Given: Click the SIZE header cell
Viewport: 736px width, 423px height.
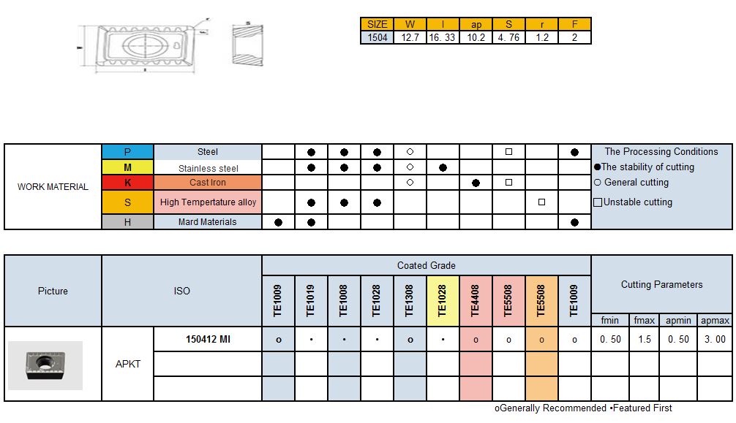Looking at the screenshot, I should tap(378, 24).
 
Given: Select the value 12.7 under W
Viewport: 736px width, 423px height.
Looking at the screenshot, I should tap(410, 37).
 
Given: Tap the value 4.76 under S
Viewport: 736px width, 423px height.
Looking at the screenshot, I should tap(508, 37).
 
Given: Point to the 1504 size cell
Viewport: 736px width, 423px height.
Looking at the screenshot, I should tap(378, 37).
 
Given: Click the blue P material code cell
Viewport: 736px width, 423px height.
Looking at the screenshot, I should tap(127, 152).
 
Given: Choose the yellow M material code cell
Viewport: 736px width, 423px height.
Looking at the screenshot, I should tap(127, 168).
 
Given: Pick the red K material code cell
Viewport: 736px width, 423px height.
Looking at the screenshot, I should tap(127, 183).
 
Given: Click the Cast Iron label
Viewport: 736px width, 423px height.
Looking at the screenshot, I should tap(208, 183).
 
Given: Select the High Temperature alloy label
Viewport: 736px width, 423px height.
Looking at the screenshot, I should tap(208, 202).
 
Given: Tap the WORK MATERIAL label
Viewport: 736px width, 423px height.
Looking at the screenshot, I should tap(53, 187).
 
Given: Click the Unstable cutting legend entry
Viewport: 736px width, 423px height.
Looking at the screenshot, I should tap(634, 202).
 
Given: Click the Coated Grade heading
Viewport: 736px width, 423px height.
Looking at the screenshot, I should tap(426, 265).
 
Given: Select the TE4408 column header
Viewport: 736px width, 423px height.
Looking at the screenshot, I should tap(476, 301).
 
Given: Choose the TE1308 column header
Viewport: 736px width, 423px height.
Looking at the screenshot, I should tap(410, 301).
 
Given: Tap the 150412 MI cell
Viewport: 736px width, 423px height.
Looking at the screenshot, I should tap(208, 339).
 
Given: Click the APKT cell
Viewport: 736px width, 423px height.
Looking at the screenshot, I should tap(127, 363).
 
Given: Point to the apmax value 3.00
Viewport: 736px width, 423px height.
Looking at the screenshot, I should tap(715, 339).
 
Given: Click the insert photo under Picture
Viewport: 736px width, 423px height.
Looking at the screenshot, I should tap(45, 365).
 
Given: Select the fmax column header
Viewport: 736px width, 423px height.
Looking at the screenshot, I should tap(644, 320).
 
